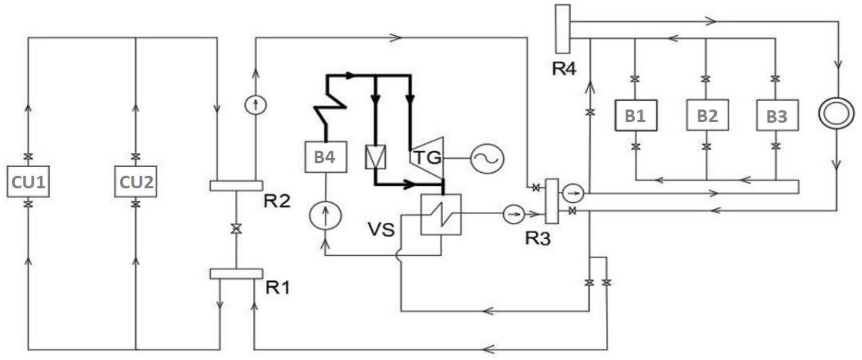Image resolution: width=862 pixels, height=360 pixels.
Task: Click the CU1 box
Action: click(x=28, y=182)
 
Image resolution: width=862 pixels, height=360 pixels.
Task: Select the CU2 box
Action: click(x=135, y=182)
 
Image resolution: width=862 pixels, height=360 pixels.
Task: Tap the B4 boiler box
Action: click(x=326, y=157)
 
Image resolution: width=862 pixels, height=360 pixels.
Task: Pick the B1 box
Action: click(x=636, y=115)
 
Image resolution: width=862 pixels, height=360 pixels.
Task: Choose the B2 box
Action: click(x=707, y=115)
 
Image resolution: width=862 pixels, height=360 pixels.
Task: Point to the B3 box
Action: click(x=777, y=115)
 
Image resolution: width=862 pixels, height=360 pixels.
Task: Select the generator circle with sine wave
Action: click(x=487, y=159)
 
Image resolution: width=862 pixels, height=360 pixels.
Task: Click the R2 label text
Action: click(x=277, y=201)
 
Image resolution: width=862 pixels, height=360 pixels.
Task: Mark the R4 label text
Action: click(x=564, y=69)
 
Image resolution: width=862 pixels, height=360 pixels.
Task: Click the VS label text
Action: click(x=381, y=230)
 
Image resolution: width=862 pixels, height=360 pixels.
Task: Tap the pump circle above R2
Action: click(x=256, y=105)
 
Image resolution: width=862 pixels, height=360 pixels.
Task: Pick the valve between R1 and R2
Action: click(x=236, y=229)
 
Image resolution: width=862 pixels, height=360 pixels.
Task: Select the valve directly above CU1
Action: click(x=28, y=156)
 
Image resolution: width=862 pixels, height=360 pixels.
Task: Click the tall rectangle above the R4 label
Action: click(x=563, y=29)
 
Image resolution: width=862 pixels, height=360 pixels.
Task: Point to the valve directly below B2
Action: click(x=706, y=146)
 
